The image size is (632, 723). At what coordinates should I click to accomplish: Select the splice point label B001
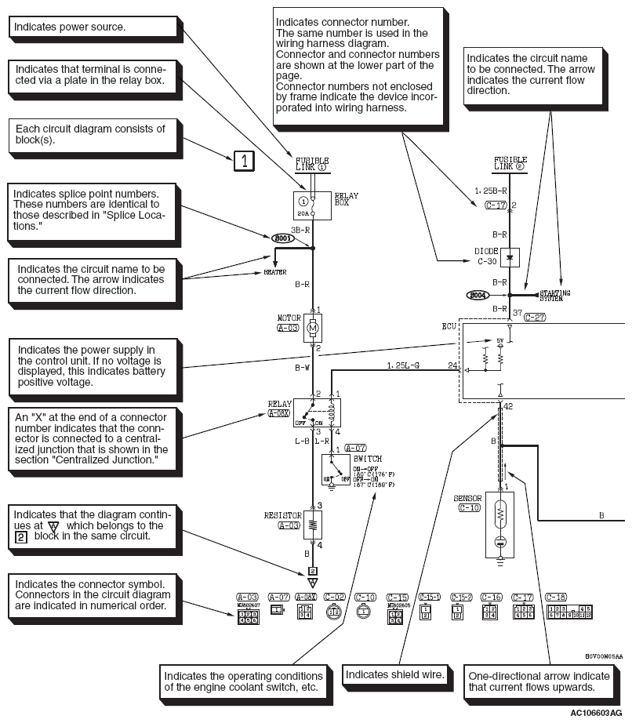tap(281, 237)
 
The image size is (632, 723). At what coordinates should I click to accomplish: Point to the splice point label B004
tap(478, 295)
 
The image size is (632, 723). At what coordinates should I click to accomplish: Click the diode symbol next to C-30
tap(510, 256)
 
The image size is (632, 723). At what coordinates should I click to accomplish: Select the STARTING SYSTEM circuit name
tap(555, 295)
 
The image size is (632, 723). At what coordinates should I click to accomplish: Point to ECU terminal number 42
tap(509, 408)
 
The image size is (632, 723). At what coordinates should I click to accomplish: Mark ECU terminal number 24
tap(452, 365)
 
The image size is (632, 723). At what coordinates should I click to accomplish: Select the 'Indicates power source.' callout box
tap(92, 27)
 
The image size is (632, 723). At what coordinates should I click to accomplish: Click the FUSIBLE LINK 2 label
tap(510, 163)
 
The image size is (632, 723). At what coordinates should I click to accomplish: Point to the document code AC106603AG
tap(598, 714)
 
